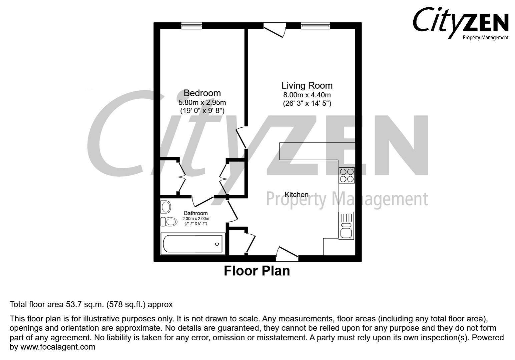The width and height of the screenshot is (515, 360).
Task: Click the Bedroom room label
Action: click(202, 93)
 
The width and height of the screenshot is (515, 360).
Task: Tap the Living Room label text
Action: click(307, 86)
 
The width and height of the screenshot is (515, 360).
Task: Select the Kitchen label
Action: click(296, 195)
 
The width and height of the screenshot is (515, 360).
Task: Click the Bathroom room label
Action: click(196, 213)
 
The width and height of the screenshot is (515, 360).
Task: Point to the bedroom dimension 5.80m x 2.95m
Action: click(202, 102)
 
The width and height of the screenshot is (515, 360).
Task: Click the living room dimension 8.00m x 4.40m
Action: click(307, 95)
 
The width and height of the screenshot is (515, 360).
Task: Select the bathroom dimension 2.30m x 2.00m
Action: click(196, 219)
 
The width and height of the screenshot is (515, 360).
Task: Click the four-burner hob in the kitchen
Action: click(347, 175)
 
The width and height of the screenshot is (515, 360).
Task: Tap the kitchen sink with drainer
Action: click(346, 226)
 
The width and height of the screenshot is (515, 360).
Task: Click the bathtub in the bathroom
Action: click(193, 244)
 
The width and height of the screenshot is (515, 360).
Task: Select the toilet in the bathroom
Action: click(168, 222)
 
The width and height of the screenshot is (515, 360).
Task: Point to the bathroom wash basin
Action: click(165, 207)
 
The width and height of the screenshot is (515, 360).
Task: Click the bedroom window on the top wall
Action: click(192, 26)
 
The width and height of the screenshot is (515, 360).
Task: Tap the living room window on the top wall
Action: click(315, 26)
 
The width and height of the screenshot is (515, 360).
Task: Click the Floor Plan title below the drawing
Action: click(256, 271)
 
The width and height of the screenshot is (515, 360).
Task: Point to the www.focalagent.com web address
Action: click(58, 347)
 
